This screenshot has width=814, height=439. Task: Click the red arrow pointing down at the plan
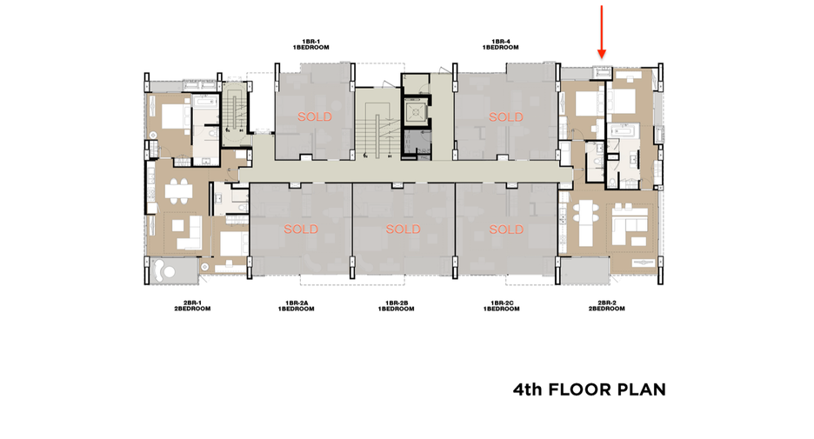click(602, 31)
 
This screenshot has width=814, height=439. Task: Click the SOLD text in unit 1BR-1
click(315, 116)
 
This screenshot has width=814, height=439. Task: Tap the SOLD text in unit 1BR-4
click(505, 117)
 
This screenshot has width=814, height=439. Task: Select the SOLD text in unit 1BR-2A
click(301, 229)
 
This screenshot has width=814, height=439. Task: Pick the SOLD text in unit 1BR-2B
click(403, 229)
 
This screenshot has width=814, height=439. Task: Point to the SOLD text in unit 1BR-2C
click(505, 229)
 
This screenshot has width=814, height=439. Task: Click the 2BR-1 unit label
click(192, 303)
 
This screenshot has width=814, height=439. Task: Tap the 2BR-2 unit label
click(606, 303)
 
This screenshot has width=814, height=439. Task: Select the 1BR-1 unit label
click(311, 42)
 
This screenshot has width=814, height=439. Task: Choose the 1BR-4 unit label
click(500, 42)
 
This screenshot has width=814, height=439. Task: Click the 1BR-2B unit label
click(396, 303)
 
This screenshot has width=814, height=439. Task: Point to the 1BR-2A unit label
click(296, 303)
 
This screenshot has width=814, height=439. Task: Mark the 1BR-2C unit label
click(502, 303)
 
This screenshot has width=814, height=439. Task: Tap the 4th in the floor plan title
click(527, 389)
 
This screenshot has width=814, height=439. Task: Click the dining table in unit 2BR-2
click(585, 224)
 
